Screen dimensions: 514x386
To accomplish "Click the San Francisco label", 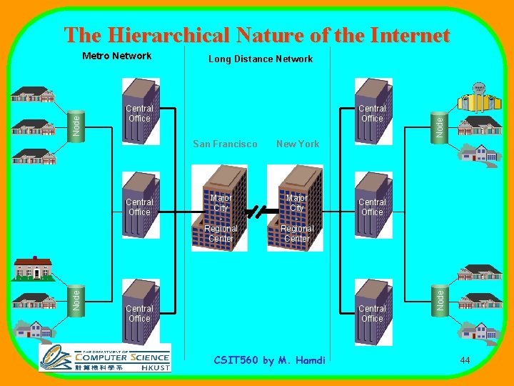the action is coord(225,144).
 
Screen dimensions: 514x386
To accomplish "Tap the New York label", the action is coord(298,144).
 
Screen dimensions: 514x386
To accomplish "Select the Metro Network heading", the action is coord(116,56).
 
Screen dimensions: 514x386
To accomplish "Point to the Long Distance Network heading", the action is coord(261,59).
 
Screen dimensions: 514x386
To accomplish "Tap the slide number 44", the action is coord(465,360).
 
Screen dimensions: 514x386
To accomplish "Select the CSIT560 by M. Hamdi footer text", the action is coord(270,360).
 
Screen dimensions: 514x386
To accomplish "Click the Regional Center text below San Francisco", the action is coord(221,234).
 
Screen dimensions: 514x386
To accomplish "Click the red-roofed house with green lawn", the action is coord(32,268).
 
